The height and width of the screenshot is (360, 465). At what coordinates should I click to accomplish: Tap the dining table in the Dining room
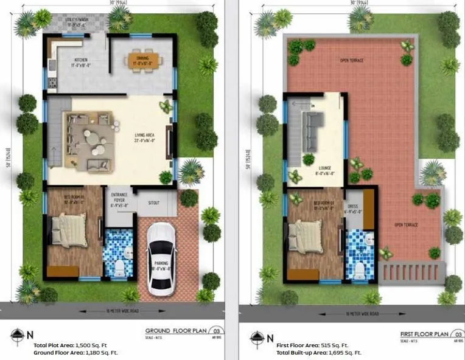(x=144, y=60)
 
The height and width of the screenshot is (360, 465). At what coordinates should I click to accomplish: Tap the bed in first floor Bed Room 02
(x=307, y=235)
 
